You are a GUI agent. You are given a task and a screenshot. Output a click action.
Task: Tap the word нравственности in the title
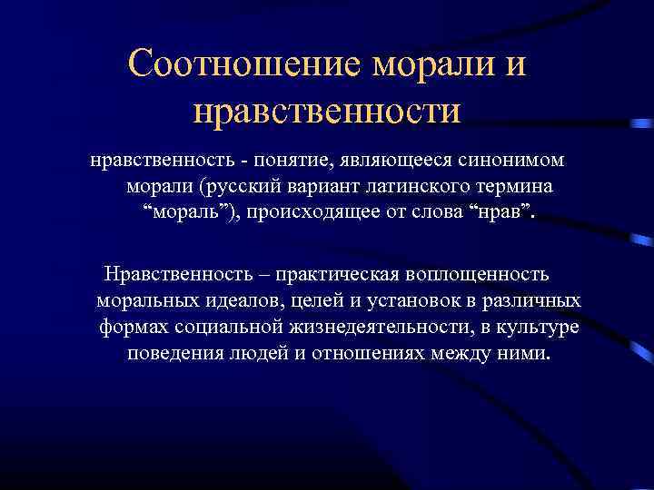(327, 111)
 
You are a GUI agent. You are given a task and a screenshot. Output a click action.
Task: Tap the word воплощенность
(484, 274)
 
